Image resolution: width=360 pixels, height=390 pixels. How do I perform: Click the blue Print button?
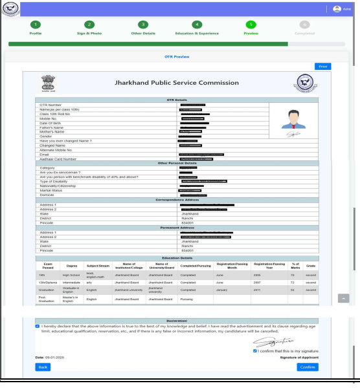[322, 67]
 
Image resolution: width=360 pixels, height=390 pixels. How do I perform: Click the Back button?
[43, 367]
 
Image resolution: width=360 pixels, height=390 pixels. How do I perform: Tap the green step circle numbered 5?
[251, 25]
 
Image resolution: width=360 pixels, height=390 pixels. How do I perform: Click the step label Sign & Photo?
[89, 33]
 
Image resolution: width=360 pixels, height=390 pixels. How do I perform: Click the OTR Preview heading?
[176, 57]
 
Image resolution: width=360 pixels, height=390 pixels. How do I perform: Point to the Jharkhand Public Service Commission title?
[177, 83]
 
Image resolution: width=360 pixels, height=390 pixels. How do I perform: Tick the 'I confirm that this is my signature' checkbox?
[255, 351]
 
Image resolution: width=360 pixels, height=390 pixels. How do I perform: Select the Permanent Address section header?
[177, 227]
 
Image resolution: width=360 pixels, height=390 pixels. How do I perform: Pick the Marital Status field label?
[53, 190]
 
